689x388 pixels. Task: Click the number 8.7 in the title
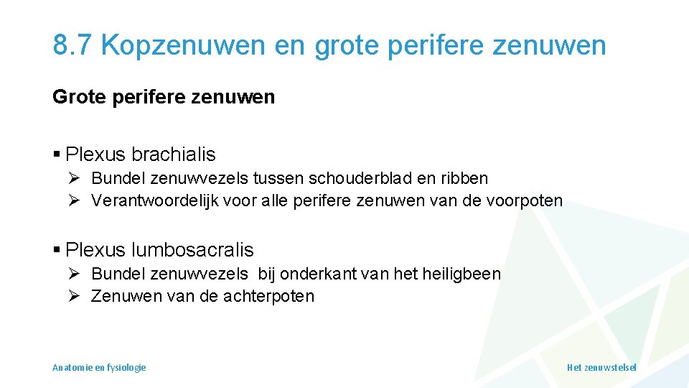click(x=72, y=45)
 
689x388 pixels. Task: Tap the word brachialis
click(x=173, y=154)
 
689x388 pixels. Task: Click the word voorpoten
click(x=528, y=200)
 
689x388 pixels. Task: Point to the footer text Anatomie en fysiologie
click(x=99, y=367)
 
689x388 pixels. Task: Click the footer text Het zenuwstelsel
click(x=601, y=367)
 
